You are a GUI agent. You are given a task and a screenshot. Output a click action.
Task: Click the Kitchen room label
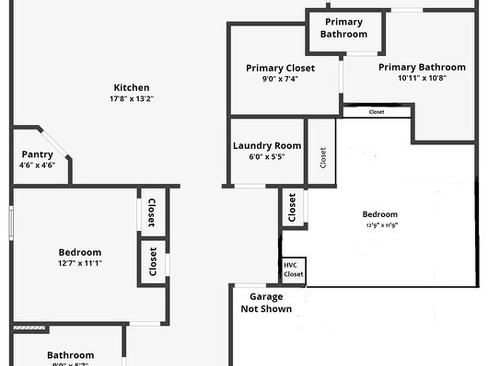pos(132,88)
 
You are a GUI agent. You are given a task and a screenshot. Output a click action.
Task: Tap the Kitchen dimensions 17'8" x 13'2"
pos(132,99)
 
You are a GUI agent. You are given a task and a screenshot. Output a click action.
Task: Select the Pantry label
pos(37,154)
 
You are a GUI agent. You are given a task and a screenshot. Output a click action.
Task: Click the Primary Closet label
pos(280,68)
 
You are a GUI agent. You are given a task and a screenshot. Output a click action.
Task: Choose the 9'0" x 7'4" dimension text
pos(280,80)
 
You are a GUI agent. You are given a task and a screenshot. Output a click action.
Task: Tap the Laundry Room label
pos(267,146)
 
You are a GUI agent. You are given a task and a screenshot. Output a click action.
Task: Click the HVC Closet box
pos(293,270)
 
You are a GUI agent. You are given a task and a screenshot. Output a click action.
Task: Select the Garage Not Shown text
pos(266,303)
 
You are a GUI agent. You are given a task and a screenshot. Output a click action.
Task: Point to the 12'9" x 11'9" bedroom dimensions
pos(380,225)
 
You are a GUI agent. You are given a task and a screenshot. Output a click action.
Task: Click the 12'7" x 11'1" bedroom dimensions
pos(80,263)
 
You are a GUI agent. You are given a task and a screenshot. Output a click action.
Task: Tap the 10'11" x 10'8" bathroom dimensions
pos(422,79)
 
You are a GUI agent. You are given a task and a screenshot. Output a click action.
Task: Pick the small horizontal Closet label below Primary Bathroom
pos(376,112)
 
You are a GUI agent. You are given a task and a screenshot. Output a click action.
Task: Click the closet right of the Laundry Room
pos(323,158)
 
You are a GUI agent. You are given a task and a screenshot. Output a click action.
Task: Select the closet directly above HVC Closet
pos(293,208)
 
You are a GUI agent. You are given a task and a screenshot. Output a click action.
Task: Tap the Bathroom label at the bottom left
pos(71,355)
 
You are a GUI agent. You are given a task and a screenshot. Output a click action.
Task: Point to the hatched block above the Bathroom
pos(29,328)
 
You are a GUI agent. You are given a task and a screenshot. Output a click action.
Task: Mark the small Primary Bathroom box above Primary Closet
pos(344,28)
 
